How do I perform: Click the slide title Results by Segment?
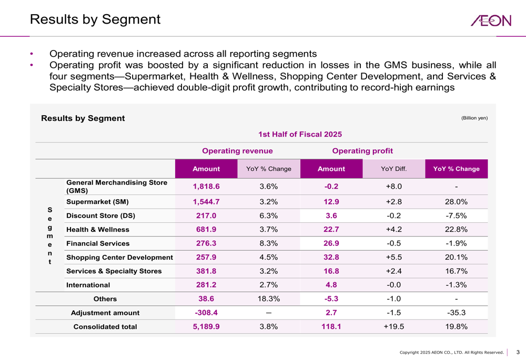click(95, 20)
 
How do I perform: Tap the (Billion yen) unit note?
click(474, 118)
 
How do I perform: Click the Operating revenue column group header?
click(238, 151)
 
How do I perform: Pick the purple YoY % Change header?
click(456, 169)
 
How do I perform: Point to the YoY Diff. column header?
click(394, 169)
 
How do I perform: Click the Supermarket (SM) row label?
click(97, 201)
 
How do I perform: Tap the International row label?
click(88, 285)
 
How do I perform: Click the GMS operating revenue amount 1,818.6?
click(206, 186)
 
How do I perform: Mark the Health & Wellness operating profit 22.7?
click(331, 230)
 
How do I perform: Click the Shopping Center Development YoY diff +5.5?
click(394, 258)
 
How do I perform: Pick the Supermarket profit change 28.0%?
click(456, 201)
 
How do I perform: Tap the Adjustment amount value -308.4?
click(206, 312)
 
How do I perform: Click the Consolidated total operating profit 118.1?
click(331, 326)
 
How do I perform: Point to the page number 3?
click(517, 352)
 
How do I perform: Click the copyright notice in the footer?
click(451, 352)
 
